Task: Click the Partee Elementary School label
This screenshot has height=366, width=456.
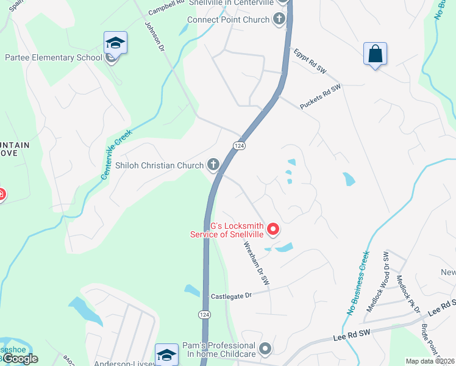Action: pos(54,58)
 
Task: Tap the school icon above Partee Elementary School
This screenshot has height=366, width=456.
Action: pos(115,43)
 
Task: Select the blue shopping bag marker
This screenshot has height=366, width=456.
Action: pos(375,54)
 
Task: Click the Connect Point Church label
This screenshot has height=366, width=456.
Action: pos(228,20)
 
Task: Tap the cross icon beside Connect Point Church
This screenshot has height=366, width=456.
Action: pos(279,20)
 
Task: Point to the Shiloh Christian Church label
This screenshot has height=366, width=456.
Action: pos(160,165)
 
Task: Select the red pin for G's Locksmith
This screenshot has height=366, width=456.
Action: pos(274,229)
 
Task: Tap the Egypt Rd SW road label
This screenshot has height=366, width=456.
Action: pos(310,62)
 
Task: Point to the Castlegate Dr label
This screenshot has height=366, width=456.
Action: pos(231,296)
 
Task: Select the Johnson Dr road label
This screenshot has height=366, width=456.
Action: pos(154,36)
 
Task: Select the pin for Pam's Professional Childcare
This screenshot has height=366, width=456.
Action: pos(265,350)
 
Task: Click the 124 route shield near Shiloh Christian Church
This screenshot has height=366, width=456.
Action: pos(238,145)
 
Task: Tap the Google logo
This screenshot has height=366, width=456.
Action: pos(20,359)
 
